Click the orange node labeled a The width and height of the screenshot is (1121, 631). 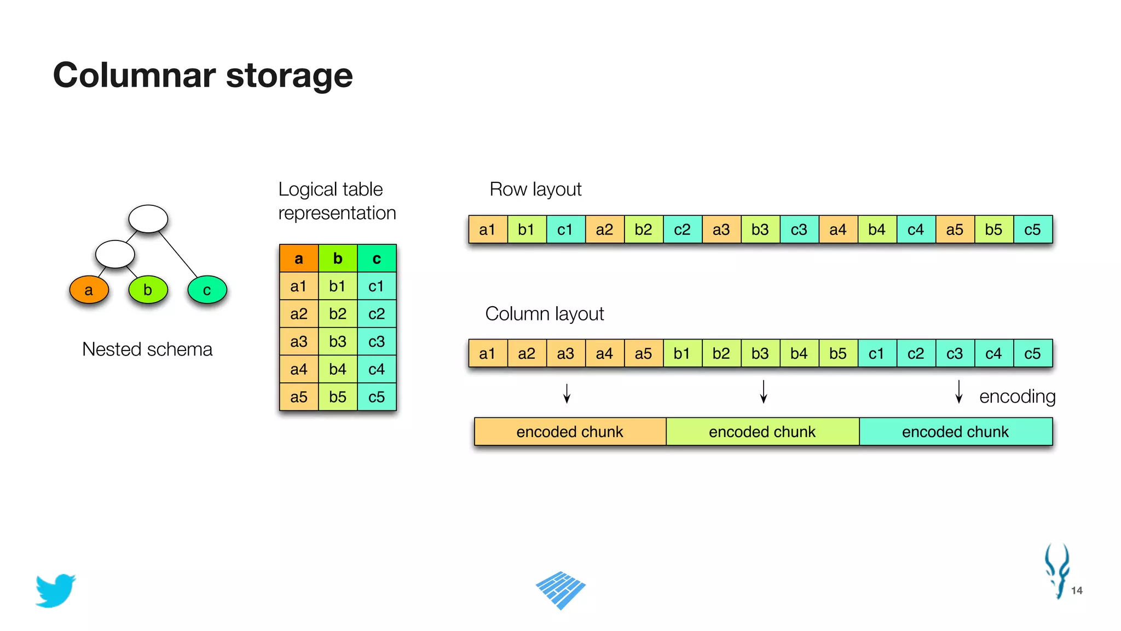pyautogui.click(x=89, y=290)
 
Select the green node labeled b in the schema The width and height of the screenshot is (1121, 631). pyautogui.click(x=148, y=290)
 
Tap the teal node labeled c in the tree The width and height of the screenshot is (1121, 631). pyautogui.click(x=207, y=290)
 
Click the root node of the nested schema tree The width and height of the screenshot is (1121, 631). pyautogui.click(x=148, y=219)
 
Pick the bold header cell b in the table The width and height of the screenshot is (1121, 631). pyautogui.click(x=338, y=259)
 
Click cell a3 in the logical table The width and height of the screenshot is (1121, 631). pyautogui.click(x=298, y=342)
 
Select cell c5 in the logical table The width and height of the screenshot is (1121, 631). pyautogui.click(x=377, y=397)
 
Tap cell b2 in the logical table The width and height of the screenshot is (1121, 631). pyautogui.click(x=338, y=314)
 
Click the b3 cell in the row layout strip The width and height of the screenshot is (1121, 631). pyautogui.click(x=760, y=230)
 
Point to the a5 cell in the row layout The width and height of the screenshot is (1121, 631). pyautogui.click(x=955, y=230)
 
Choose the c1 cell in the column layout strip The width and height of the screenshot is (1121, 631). pyautogui.click(x=876, y=354)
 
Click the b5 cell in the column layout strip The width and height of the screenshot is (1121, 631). pyautogui.click(x=837, y=354)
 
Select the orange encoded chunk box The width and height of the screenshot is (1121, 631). pyautogui.click(x=570, y=432)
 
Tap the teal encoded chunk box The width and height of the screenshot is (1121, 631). pyautogui.click(x=955, y=432)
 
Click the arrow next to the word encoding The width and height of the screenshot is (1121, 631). pyautogui.click(x=958, y=392)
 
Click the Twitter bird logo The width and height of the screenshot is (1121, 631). pyautogui.click(x=55, y=590)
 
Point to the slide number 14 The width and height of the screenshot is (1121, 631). pyautogui.click(x=1077, y=590)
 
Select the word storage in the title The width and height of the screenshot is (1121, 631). pyautogui.click(x=289, y=75)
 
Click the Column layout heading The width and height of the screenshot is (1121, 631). pyautogui.click(x=544, y=314)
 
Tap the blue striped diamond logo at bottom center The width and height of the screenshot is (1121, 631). pyautogui.click(x=560, y=590)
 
